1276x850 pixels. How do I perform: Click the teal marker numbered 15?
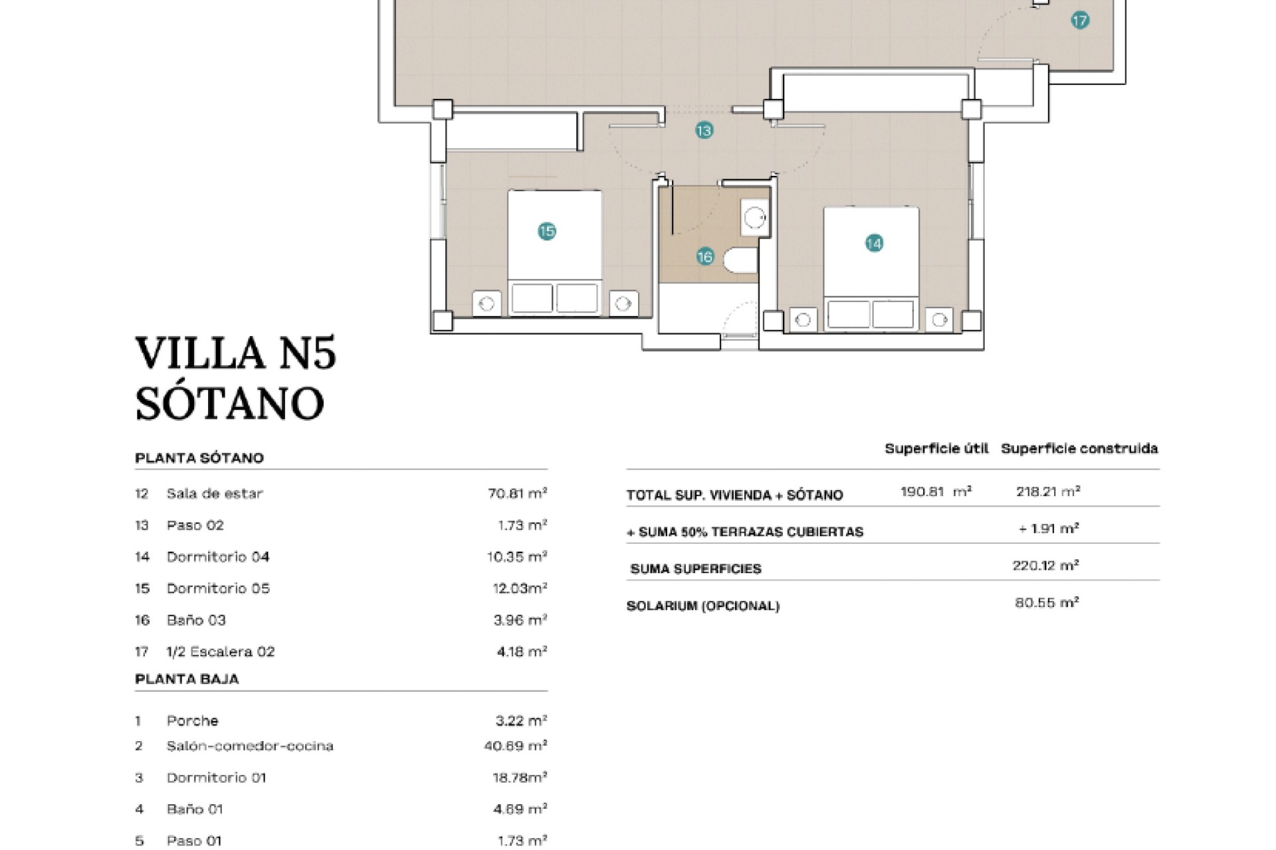547,231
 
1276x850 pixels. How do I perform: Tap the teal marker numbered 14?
874,244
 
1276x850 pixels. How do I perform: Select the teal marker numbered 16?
705,256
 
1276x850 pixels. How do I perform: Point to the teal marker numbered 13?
704,130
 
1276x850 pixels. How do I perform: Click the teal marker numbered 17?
1080,21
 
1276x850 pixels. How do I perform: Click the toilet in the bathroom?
740,260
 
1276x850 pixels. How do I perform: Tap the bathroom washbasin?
755,217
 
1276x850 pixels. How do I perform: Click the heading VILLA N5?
236,353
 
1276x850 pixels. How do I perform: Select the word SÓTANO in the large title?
230,402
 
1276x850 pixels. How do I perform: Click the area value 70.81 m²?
517,493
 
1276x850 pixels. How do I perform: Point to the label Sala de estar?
215,493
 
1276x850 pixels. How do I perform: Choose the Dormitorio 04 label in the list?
218,556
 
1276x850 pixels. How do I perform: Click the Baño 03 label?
196,620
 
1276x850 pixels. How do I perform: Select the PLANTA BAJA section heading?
187,679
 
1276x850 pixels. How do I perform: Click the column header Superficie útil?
936,448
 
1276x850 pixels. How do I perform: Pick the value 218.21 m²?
1048,491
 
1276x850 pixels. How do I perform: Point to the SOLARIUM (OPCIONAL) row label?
703,606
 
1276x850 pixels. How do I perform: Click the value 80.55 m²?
1047,602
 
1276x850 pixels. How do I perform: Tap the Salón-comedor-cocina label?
250,746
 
